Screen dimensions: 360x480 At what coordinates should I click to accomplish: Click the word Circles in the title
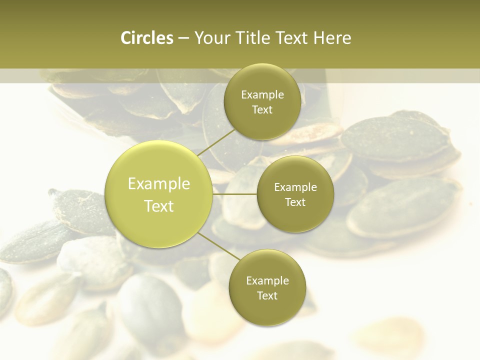tap(147, 38)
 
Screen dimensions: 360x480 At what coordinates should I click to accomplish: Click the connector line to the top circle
tap(216, 141)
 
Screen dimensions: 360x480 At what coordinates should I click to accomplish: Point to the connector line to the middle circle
tap(235, 194)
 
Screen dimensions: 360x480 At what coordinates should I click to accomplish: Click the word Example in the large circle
tap(159, 184)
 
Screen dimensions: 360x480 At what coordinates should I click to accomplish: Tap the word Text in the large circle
tap(159, 206)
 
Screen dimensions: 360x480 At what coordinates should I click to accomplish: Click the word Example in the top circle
tap(262, 95)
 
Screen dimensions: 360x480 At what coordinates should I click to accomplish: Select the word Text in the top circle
tap(262, 110)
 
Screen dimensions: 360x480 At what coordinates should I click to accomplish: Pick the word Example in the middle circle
tap(295, 187)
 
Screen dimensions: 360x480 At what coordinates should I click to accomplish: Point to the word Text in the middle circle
tap(295, 202)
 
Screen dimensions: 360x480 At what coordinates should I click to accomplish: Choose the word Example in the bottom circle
tap(267, 281)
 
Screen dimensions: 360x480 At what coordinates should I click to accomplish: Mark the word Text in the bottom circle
tap(267, 296)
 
